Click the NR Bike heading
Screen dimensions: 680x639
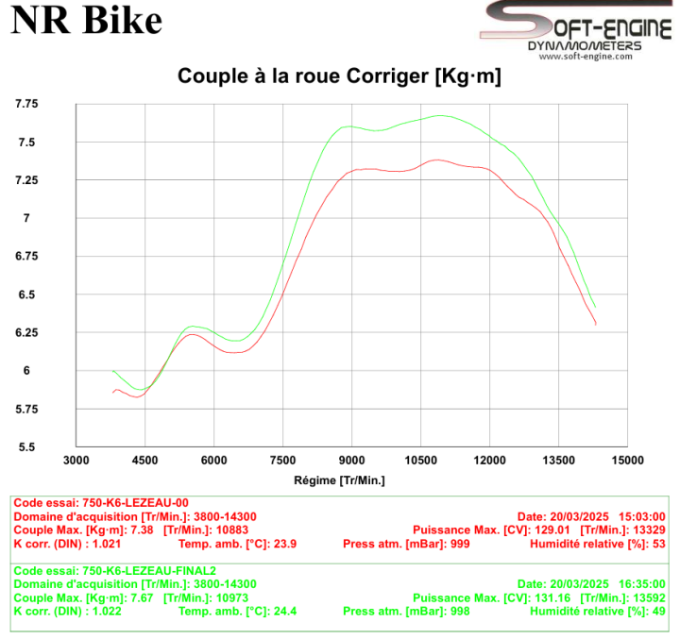tap(86, 21)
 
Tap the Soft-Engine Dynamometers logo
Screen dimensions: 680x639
tap(576, 30)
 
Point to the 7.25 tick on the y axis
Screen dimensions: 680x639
tap(26, 180)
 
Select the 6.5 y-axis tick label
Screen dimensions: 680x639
tap(26, 294)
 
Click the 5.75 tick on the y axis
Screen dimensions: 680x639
tap(26, 409)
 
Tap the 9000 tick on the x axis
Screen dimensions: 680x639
tap(351, 460)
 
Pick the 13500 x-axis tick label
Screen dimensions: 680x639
tap(558, 460)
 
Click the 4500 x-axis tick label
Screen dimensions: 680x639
tap(144, 460)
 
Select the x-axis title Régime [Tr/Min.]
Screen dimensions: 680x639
tap(340, 480)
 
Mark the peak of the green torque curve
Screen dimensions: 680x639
tap(440, 115)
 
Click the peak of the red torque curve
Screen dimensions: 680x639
tap(435, 160)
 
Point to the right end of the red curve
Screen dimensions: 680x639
tap(596, 325)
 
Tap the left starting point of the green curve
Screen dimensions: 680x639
tap(112, 371)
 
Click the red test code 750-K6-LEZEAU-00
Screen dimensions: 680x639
tap(135, 503)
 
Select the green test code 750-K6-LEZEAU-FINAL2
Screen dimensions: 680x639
tap(149, 571)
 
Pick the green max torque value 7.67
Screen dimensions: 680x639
tap(142, 597)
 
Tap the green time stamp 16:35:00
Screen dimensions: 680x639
tap(642, 584)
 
